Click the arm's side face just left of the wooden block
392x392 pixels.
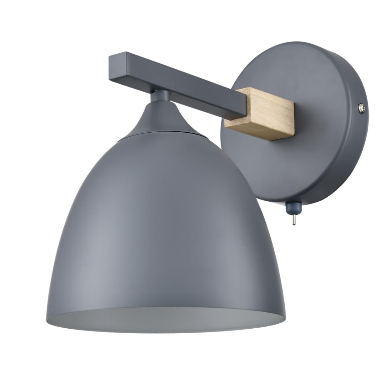(x=220, y=107)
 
